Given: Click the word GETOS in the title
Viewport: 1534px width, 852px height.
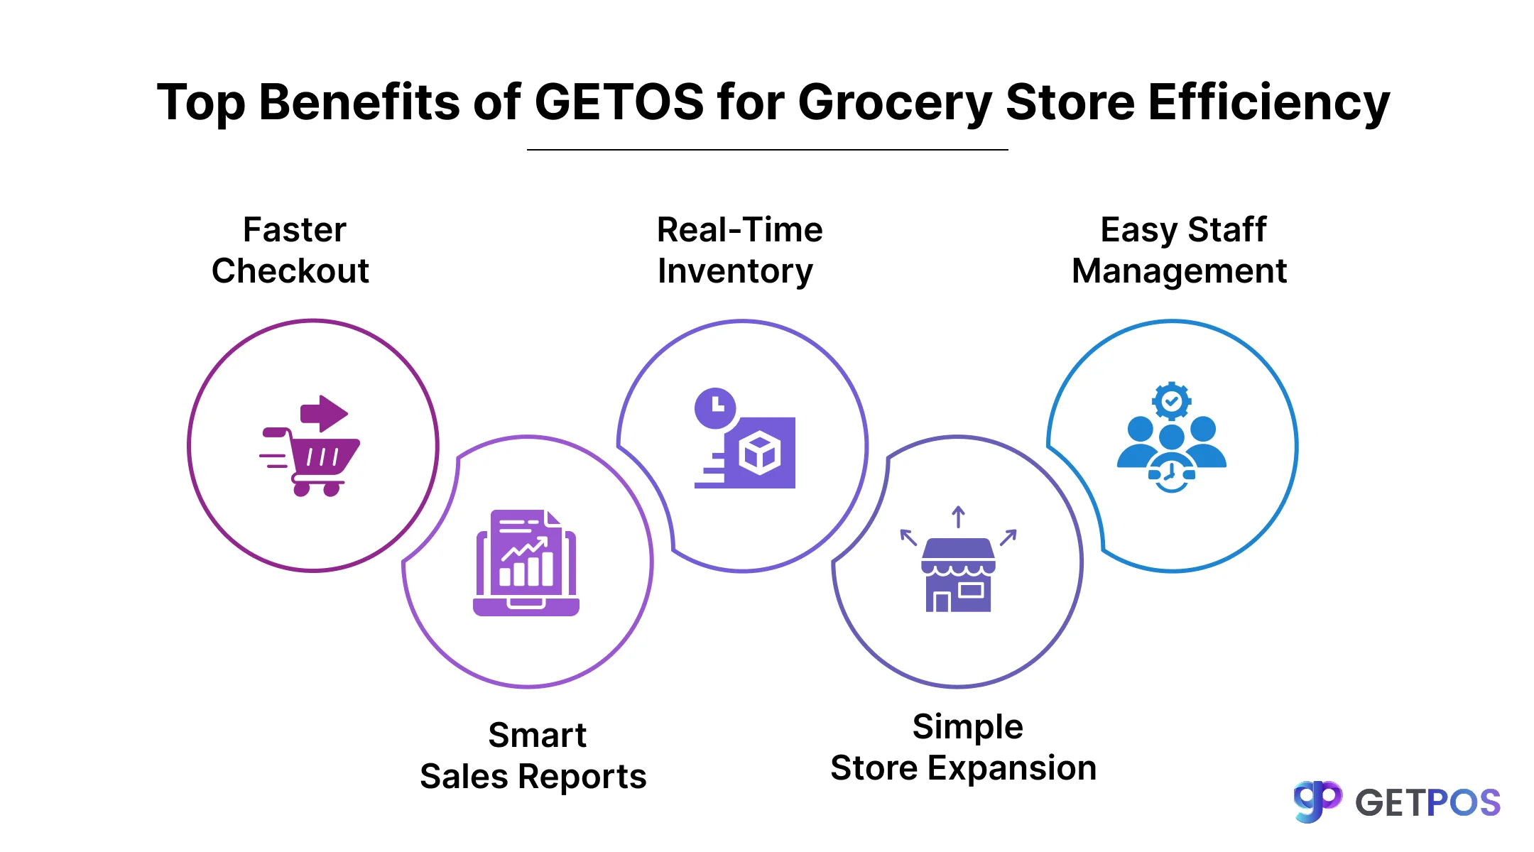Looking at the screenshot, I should pyautogui.click(x=619, y=102).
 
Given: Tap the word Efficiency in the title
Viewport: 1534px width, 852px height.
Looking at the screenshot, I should pyautogui.click(x=1268, y=102).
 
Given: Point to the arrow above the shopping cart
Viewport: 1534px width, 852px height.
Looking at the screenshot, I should pyautogui.click(x=324, y=413).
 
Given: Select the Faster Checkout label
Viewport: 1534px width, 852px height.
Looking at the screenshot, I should pyautogui.click(x=291, y=250).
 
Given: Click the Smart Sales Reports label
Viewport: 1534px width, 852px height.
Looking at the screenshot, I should pyautogui.click(x=533, y=755).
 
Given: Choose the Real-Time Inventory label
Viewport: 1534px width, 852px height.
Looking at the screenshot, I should pyautogui.click(x=739, y=250).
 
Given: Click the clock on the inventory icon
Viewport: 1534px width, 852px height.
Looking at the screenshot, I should pyautogui.click(x=715, y=408).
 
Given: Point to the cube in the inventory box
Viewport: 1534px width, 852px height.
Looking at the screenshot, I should pyautogui.click(x=759, y=453).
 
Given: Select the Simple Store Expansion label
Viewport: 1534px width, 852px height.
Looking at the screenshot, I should pyautogui.click(x=964, y=747).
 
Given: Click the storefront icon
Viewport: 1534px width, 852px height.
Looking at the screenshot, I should pyautogui.click(x=958, y=575).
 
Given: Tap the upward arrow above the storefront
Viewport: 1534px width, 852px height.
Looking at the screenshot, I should pyautogui.click(x=958, y=516).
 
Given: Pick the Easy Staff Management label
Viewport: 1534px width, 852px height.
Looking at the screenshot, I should pyautogui.click(x=1180, y=250).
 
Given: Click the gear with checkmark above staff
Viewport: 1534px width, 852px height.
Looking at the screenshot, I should pyautogui.click(x=1172, y=401).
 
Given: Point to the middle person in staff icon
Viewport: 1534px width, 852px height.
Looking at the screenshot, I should pyautogui.click(x=1172, y=440).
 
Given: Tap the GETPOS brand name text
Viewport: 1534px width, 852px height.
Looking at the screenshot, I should pyautogui.click(x=1427, y=803).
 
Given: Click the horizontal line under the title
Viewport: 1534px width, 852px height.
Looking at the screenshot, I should pyautogui.click(x=767, y=150).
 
